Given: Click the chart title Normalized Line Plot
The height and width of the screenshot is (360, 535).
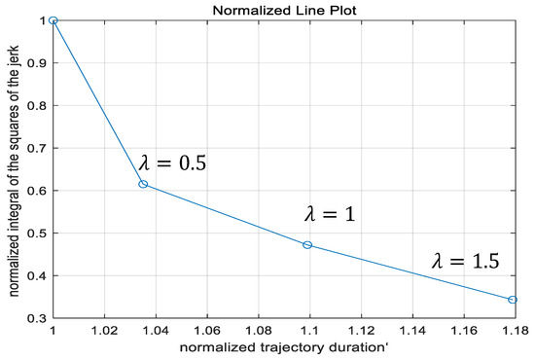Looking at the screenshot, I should (282, 9).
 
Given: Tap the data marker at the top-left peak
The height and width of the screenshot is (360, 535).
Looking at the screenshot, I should (53, 19).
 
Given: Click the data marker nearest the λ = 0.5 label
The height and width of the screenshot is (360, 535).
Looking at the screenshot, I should (143, 184).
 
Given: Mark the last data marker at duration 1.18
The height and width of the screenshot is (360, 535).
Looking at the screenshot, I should (513, 300).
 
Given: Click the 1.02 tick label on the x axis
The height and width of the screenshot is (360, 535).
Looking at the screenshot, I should (104, 332).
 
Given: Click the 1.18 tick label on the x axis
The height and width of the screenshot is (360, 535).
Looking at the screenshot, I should (513, 332).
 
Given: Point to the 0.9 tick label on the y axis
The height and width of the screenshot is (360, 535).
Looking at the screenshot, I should (37, 62).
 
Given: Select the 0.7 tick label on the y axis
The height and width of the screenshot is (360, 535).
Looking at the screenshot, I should (37, 148).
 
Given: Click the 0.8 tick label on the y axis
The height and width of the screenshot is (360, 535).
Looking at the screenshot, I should (37, 105).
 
